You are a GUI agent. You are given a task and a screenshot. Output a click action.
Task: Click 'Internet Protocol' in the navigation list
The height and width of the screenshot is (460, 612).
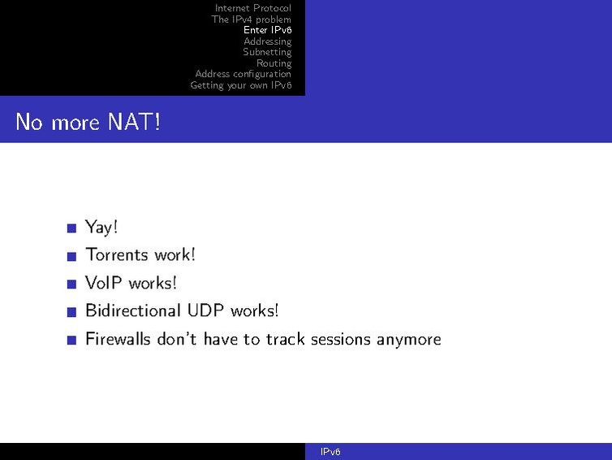click(252, 8)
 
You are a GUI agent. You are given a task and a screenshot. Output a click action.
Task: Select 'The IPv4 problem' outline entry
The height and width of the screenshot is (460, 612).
click(251, 20)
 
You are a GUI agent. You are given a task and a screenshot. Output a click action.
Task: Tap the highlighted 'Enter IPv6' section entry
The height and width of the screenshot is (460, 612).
click(267, 30)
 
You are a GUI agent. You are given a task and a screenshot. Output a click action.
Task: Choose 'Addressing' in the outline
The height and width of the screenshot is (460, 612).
click(267, 41)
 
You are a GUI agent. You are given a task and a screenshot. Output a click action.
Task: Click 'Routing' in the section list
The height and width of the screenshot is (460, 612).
click(274, 63)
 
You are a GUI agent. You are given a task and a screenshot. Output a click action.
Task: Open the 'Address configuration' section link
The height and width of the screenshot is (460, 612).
click(243, 74)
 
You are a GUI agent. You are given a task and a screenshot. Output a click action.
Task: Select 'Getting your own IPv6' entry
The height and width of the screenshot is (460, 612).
click(240, 85)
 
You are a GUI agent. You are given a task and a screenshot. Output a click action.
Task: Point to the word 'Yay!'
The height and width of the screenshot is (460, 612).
click(101, 228)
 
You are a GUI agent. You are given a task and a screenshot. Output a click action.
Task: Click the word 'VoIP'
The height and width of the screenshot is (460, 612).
click(103, 283)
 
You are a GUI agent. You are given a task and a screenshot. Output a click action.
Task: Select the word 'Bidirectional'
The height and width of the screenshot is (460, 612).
click(132, 310)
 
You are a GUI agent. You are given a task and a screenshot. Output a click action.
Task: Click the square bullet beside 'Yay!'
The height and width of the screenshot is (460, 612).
click(71, 228)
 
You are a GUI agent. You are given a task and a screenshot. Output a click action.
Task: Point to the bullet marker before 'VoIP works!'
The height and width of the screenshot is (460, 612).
click(71, 284)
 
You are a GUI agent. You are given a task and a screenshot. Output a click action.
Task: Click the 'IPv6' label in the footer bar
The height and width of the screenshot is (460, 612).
click(330, 452)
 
